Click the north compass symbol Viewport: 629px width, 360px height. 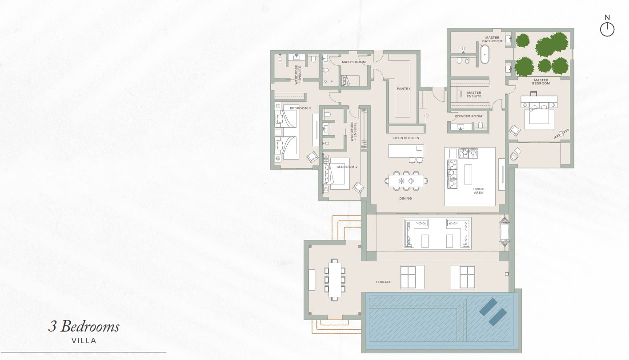[x=607, y=29]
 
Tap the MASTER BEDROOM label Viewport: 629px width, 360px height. [x=541, y=82]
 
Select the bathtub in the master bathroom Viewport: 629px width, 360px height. [x=485, y=54]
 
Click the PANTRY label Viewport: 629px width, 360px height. [x=404, y=89]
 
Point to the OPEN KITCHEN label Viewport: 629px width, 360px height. [x=406, y=138]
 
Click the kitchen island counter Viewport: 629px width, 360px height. [x=406, y=151]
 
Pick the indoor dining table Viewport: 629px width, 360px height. [x=406, y=181]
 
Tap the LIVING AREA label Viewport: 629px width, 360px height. [x=478, y=191]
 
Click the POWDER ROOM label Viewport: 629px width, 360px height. [x=469, y=116]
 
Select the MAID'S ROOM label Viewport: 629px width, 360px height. [x=353, y=62]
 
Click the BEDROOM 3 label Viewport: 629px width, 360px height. [x=300, y=108]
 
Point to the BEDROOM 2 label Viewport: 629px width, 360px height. [x=347, y=167]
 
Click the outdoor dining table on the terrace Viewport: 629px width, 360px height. [x=334, y=280]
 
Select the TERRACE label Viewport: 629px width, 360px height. [x=383, y=282]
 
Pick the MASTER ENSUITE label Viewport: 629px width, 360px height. [x=474, y=94]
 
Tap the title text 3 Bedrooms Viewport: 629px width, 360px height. [x=84, y=327]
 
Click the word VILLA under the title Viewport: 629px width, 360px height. [x=84, y=340]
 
